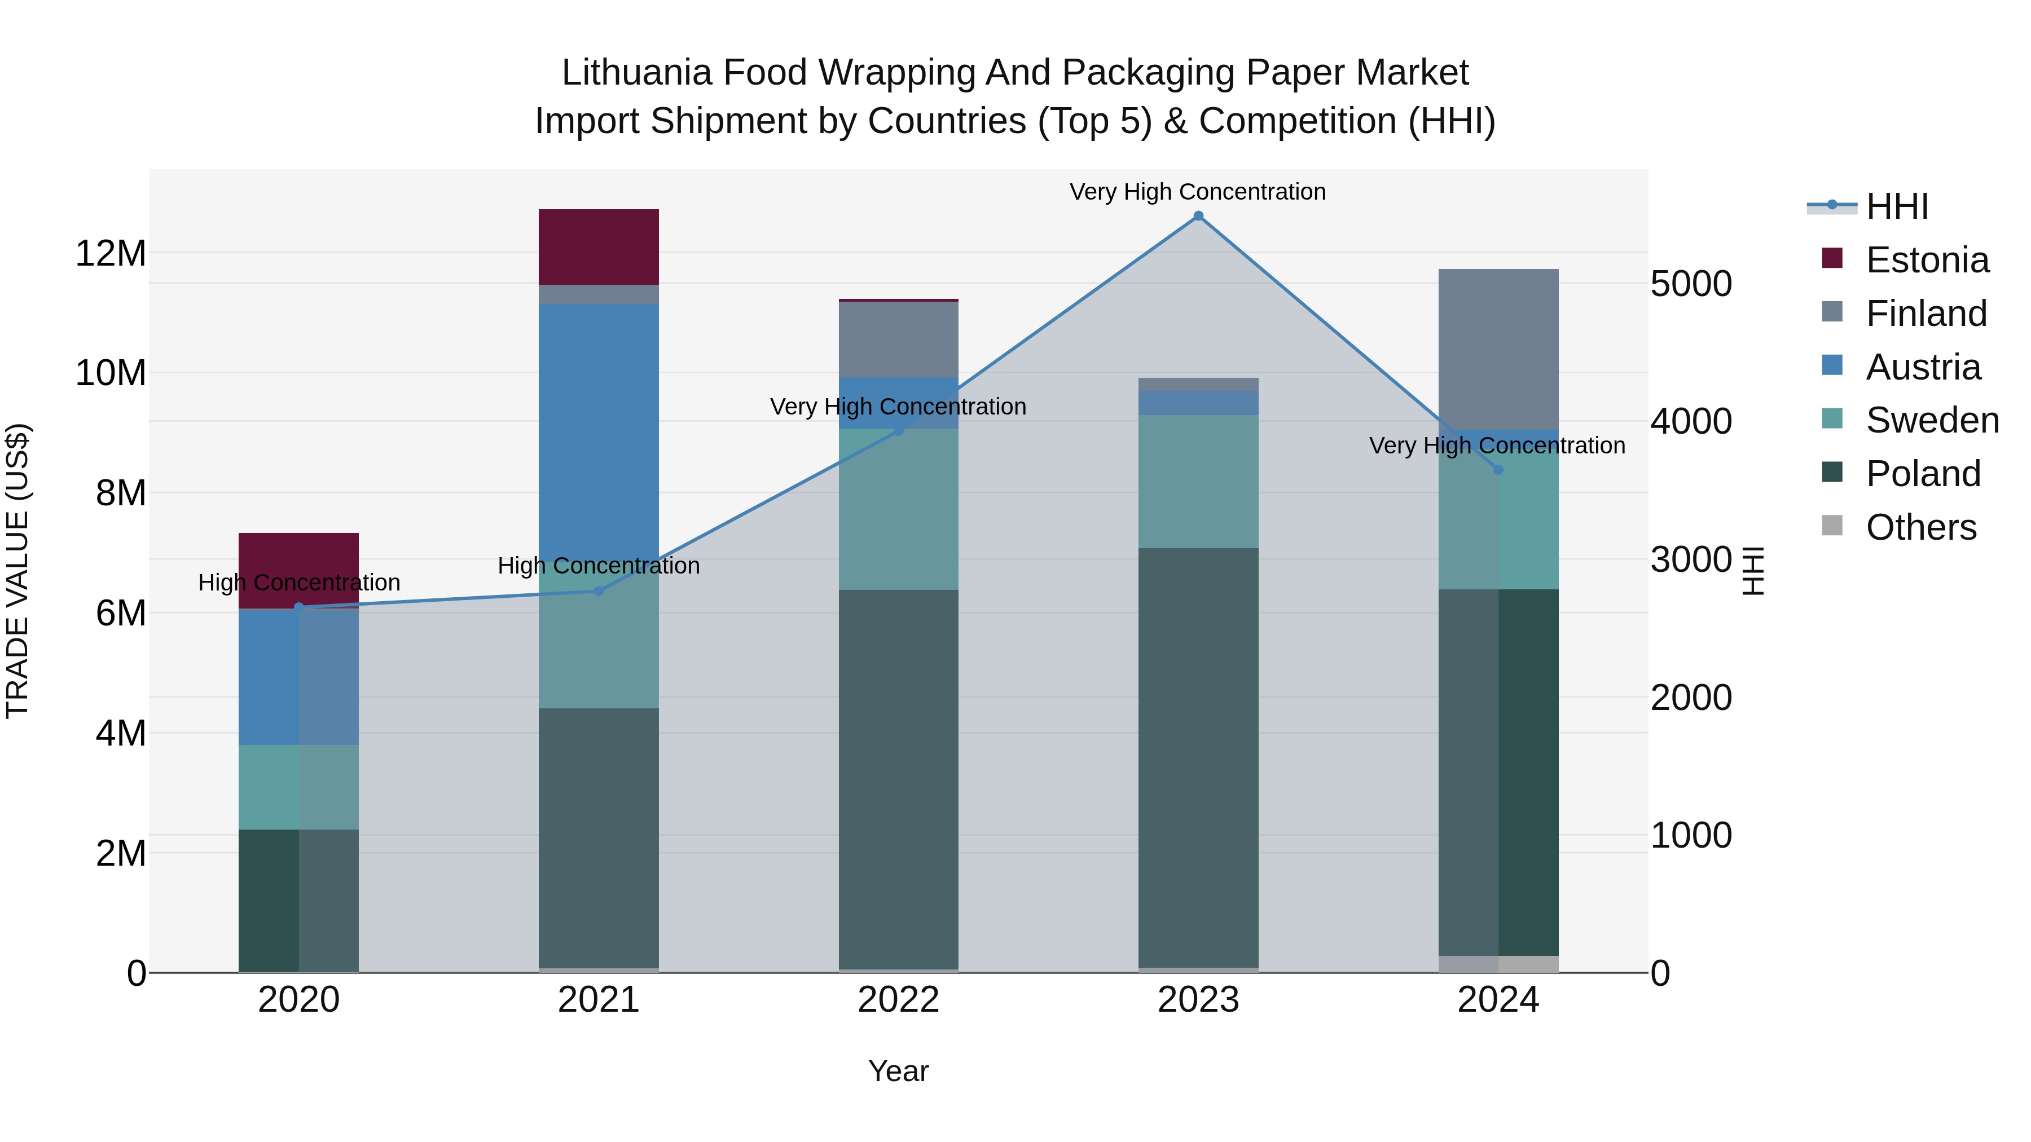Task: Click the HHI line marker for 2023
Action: coord(1198,216)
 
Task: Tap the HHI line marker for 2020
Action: coord(299,607)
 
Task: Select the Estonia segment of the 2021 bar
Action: coord(599,246)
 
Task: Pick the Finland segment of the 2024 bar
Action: coord(1498,349)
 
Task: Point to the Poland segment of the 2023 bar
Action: coord(1198,757)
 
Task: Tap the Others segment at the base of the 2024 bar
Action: coord(1498,963)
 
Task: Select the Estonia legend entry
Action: coord(1926,260)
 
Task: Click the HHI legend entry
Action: coord(1896,206)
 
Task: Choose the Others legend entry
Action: coord(1920,527)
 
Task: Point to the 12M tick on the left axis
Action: coord(111,254)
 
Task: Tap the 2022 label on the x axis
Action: coord(898,1000)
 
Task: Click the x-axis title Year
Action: coord(898,1071)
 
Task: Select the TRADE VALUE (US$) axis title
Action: coord(17,571)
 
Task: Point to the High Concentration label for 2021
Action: coord(599,565)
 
